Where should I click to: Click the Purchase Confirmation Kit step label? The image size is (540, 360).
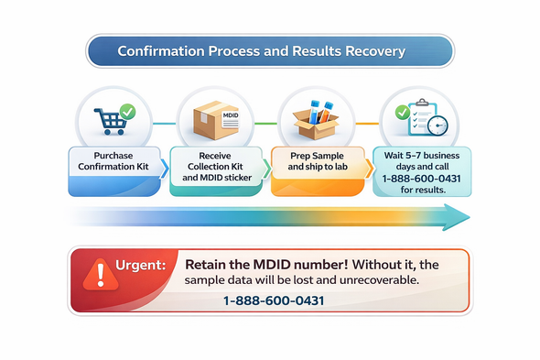click(x=113, y=161)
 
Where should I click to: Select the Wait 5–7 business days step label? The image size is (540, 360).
click(x=421, y=156)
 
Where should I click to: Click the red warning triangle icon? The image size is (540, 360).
click(x=95, y=273)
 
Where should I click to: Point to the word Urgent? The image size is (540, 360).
click(x=140, y=265)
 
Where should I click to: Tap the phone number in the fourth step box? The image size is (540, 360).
click(x=422, y=177)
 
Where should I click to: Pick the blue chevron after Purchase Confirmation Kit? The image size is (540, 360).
click(x=165, y=168)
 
